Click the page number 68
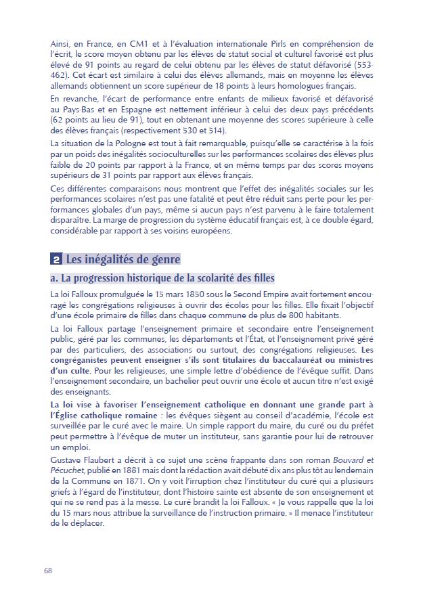(x=48, y=570)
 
